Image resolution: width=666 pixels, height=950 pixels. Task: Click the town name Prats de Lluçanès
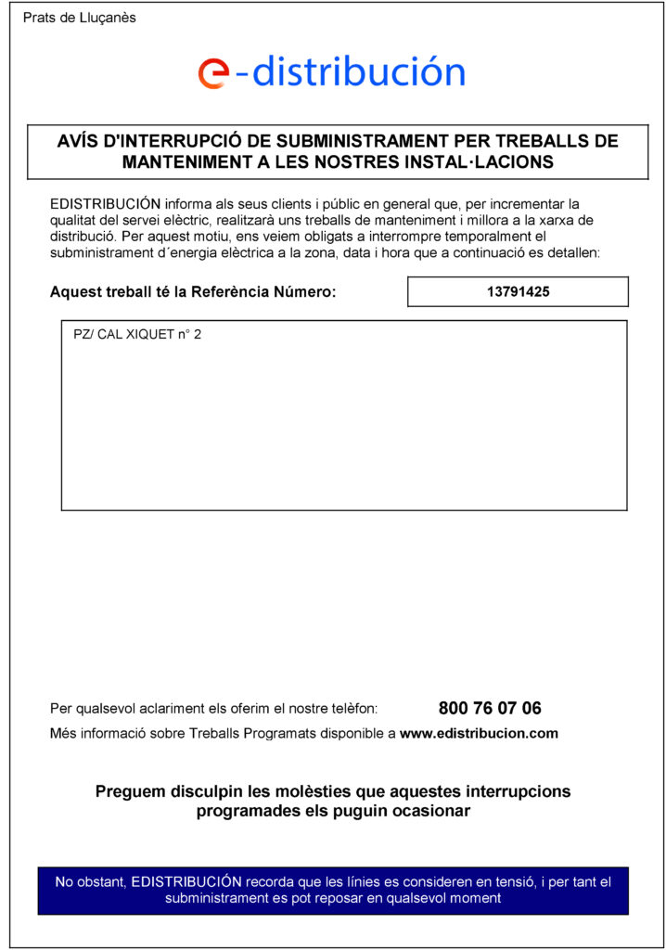coord(79,19)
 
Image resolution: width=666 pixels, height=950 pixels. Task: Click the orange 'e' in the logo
coord(213,72)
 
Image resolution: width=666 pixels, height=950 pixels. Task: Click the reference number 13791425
coord(518,291)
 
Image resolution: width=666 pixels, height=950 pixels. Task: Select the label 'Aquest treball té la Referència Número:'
coord(193,292)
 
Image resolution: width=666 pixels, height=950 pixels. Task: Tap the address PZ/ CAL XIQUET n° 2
coord(137,335)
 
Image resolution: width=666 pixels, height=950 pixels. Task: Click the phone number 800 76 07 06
coord(489,709)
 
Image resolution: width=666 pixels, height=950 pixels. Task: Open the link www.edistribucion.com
coord(479,733)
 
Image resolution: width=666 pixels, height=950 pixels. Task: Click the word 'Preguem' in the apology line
coord(130,792)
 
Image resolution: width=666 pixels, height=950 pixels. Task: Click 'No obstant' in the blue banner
coord(90,881)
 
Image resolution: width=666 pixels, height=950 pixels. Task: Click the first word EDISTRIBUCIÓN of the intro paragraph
coord(106,203)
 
